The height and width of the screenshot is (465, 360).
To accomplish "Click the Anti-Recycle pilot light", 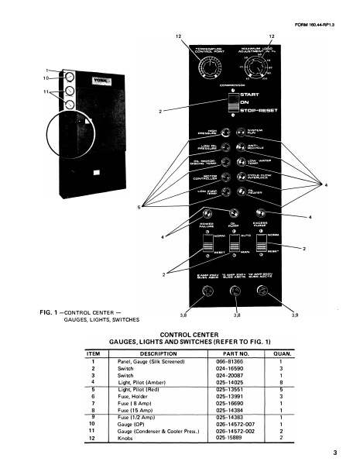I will click(x=251, y=147).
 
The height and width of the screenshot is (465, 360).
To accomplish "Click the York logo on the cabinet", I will click(x=81, y=78).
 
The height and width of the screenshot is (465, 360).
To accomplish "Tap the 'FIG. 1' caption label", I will click(x=48, y=312).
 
